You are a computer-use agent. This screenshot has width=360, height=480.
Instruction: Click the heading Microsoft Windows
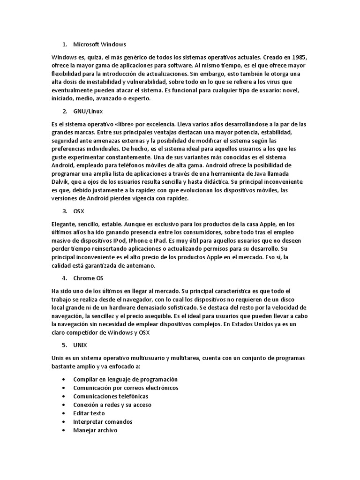[99, 45]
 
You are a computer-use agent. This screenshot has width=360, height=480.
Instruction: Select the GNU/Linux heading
[88, 112]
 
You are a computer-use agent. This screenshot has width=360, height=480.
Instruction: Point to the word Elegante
[65, 224]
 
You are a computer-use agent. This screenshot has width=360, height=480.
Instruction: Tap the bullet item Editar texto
[89, 413]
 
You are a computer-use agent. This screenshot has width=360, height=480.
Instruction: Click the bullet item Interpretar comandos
[103, 422]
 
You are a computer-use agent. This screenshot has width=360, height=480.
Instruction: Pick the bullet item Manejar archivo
[95, 430]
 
